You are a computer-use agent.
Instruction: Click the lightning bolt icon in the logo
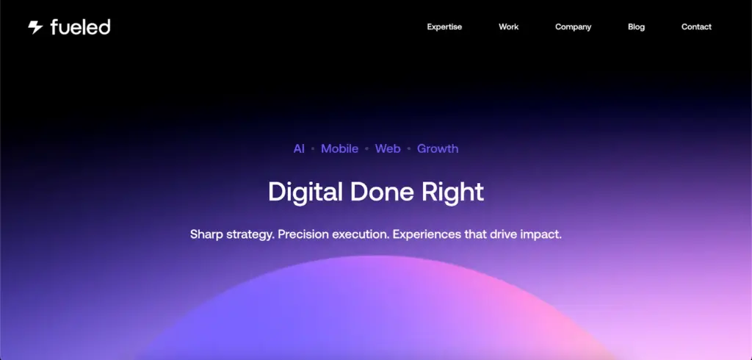35,27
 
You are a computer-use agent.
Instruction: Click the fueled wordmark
80,27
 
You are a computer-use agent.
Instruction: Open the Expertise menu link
444,27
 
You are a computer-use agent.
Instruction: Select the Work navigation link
508,27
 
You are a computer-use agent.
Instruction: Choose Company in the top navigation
573,27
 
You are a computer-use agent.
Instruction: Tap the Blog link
637,27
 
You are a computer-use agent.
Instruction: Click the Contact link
696,27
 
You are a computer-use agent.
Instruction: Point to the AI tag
300,149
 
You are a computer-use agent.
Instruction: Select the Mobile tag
339,149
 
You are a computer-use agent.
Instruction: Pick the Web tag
388,149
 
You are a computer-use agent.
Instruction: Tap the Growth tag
438,149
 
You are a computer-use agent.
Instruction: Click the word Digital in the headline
305,192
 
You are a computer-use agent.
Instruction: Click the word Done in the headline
382,192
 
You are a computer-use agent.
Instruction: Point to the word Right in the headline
452,192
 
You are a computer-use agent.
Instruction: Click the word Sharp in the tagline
206,234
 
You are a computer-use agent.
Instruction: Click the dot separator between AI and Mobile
313,149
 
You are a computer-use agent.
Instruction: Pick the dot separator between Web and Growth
408,149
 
